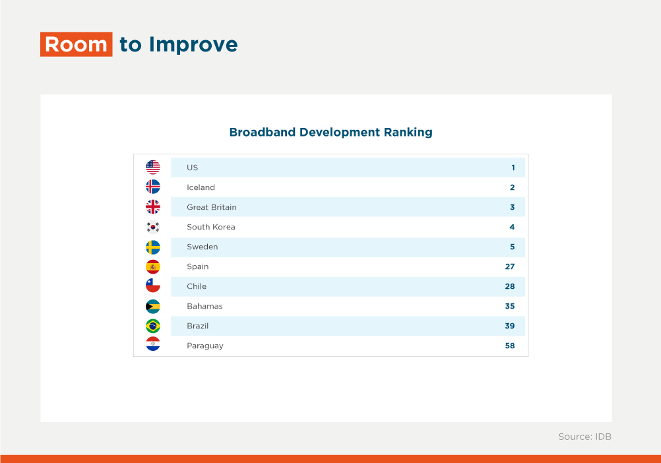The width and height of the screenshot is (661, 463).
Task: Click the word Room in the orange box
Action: coord(77,45)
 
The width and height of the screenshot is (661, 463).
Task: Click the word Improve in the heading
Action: coord(193,45)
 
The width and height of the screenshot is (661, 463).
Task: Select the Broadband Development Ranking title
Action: coord(331,133)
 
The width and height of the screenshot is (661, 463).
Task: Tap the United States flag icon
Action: coord(153,168)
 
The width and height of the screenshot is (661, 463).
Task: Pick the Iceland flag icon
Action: coord(153,187)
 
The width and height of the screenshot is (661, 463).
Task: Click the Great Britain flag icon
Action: coord(153,207)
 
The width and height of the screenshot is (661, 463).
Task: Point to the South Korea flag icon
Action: coord(153,227)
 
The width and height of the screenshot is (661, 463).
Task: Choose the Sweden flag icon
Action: coord(153,247)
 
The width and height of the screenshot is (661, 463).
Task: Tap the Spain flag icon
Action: coord(153,266)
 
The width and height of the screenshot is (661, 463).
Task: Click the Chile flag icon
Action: coord(153,286)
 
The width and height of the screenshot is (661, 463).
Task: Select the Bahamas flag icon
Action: coord(153,306)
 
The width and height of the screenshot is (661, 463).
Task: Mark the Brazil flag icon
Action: coord(153,326)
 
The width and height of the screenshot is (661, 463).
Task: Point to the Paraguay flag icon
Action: coord(153,344)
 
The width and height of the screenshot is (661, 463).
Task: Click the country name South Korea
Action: coord(211,227)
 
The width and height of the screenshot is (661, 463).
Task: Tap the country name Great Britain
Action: coord(212,207)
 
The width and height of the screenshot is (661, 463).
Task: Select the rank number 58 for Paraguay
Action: coord(510,346)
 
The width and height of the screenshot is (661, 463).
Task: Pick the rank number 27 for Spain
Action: coord(510,266)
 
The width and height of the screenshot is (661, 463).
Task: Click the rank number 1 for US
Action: coord(513,168)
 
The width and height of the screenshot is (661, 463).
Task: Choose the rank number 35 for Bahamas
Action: coord(510,306)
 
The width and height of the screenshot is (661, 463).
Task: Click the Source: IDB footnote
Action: coord(584,437)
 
